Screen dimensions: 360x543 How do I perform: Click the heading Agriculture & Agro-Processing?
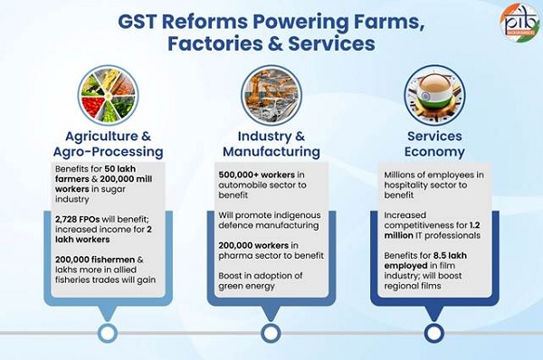pyautogui.click(x=107, y=143)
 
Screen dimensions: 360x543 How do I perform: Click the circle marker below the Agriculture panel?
pyautogui.click(x=107, y=333)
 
